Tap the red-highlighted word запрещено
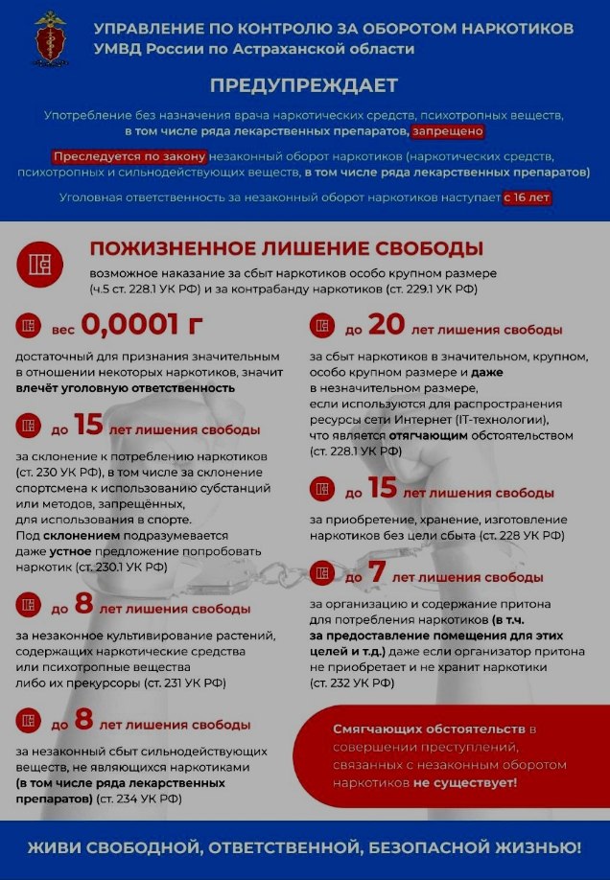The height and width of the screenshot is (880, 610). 448,130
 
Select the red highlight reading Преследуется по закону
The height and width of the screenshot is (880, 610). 129,156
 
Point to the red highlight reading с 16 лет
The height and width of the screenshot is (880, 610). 528,197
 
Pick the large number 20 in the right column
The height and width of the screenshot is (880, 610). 387,327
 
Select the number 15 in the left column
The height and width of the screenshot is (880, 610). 88,425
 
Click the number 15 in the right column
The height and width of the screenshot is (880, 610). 382,489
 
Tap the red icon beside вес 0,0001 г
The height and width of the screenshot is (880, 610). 29,329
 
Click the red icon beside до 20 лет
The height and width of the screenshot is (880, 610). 323,329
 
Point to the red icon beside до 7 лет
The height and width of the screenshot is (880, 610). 323,577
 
